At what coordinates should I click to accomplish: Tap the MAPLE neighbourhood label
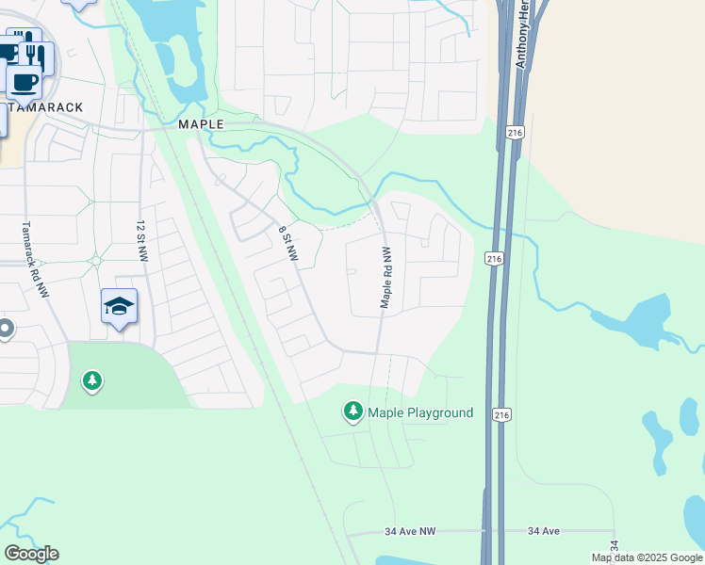(201, 124)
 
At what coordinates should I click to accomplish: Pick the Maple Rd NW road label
(385, 277)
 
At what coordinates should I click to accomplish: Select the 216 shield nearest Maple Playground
(501, 413)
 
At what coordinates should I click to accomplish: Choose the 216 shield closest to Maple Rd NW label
(494, 258)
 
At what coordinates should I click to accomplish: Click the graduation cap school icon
(120, 306)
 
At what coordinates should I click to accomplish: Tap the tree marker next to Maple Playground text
(352, 411)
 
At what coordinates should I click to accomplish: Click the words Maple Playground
(420, 412)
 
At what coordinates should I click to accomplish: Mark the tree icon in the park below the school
(92, 380)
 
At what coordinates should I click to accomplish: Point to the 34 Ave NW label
(411, 531)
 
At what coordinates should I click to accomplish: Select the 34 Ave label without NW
(544, 531)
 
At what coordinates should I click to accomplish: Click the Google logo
(31, 554)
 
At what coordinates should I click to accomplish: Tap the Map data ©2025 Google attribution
(648, 557)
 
